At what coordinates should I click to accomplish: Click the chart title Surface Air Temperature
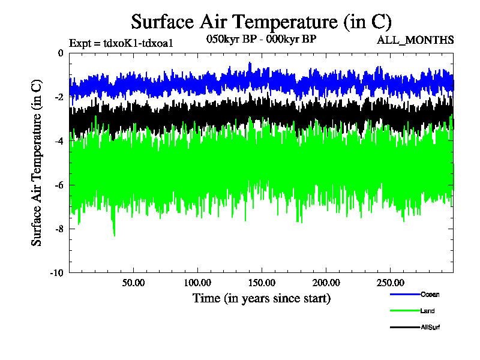[261, 22]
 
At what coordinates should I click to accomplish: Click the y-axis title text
[37, 163]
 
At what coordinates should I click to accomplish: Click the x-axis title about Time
[261, 298]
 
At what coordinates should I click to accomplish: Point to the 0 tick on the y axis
[60, 53]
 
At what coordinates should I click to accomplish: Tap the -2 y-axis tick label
[58, 97]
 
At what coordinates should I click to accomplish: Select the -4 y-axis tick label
[58, 141]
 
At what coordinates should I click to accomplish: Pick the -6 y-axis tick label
[58, 185]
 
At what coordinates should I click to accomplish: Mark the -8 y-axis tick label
[58, 229]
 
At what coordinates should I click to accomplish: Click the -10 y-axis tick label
[56, 272]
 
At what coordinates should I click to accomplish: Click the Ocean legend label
[430, 295]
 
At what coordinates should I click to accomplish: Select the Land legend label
[428, 311]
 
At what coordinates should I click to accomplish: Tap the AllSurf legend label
[431, 327]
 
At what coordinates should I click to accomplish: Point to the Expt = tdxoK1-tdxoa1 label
[121, 43]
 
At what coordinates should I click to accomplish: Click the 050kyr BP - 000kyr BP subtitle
[261, 38]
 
